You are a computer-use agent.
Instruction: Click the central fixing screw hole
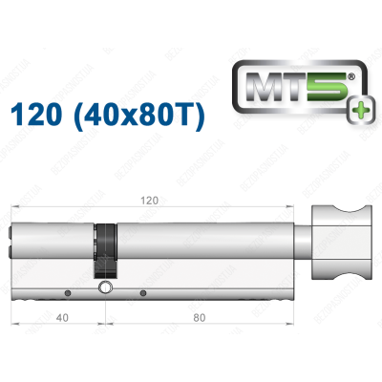coord(104,288)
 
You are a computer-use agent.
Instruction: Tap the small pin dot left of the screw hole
coord(69,292)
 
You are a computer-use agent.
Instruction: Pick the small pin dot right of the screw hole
coord(142,292)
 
